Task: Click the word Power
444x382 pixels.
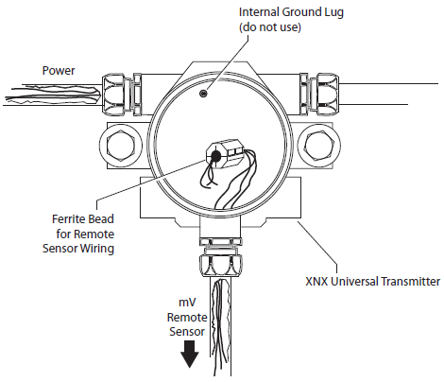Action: coord(59,71)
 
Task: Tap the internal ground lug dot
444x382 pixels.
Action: coord(203,94)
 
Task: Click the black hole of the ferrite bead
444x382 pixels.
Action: coord(216,156)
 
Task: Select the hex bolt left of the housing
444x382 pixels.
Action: coord(121,146)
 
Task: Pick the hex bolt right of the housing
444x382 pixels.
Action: coord(318,146)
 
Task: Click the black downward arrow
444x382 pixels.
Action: coord(190,355)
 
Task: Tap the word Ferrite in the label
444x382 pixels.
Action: coord(68,218)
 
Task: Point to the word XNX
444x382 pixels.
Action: coord(316,281)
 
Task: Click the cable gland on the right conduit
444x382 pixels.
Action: coord(319,94)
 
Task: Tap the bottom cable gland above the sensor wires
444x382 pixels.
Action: coord(221,257)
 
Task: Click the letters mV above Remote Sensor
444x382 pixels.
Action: coord(187,302)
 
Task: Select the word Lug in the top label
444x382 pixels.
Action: coord(333,12)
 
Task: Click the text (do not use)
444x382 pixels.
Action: coord(270,27)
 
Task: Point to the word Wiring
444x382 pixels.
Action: coord(96,249)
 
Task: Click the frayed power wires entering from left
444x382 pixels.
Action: coord(53,95)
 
